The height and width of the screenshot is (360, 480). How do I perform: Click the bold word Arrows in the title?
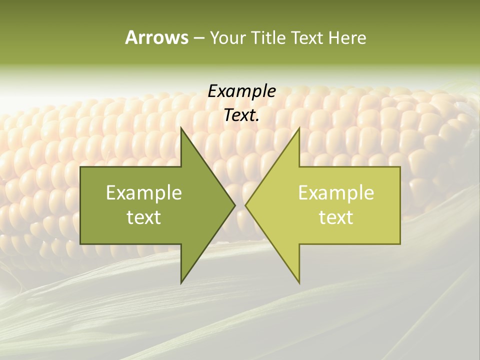pos(156,37)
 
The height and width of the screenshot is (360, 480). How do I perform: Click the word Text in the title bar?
pos(308,38)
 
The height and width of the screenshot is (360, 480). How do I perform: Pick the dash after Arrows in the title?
pos(198,38)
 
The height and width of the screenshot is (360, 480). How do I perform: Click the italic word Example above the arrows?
pos(241,91)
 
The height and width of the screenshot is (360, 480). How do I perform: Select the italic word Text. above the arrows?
pos(241,115)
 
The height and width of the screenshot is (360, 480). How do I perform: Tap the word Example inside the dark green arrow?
pos(144,193)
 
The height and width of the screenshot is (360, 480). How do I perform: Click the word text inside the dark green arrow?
pos(144,217)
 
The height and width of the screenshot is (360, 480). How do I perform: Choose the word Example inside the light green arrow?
pos(336,193)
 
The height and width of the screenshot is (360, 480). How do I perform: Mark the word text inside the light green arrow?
pos(336,217)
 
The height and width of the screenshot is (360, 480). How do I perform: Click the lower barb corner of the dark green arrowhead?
pos(181,282)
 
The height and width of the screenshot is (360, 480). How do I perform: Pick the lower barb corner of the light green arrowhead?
pos(299,282)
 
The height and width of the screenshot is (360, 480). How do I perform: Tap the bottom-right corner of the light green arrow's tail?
pos(400,243)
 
